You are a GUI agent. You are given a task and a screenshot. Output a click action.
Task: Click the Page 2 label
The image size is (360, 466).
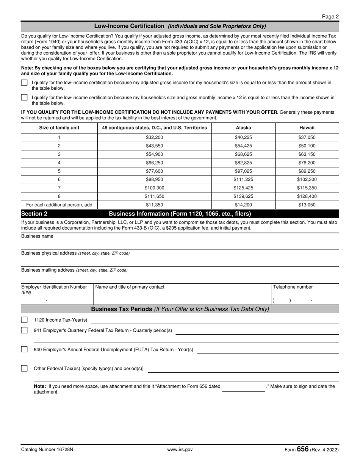click(x=330, y=16)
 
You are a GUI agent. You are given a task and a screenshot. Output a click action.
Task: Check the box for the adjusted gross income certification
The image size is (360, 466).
click(x=24, y=83)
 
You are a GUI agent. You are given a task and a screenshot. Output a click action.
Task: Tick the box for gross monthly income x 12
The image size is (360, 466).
click(x=24, y=98)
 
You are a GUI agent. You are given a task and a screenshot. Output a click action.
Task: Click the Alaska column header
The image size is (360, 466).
click(x=243, y=128)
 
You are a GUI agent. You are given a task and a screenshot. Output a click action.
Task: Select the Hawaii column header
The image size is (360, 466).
click(x=307, y=128)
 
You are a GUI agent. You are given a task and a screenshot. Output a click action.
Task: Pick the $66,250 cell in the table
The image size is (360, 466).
click(x=154, y=163)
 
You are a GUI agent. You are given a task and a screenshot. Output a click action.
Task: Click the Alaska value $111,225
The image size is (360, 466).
click(x=243, y=180)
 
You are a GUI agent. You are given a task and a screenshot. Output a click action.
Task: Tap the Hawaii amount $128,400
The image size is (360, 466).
click(x=307, y=196)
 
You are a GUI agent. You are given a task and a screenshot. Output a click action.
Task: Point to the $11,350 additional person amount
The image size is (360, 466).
click(x=154, y=205)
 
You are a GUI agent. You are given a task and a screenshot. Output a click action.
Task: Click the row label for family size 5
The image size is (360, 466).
click(x=59, y=171)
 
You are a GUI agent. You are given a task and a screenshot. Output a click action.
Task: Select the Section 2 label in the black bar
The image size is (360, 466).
click(x=34, y=214)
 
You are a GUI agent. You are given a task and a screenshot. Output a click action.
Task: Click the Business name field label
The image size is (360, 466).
click(x=37, y=236)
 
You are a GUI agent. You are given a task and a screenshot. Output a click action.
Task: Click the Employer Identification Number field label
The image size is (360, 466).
click(x=54, y=287)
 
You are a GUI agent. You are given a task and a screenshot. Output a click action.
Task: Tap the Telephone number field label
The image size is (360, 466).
click(x=293, y=287)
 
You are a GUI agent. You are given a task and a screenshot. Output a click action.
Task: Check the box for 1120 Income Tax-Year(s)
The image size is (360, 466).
click(x=24, y=320)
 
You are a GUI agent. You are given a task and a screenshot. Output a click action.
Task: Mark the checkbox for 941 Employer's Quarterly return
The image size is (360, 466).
click(x=24, y=330)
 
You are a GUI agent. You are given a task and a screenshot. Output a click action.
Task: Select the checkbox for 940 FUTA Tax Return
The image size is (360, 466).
click(x=24, y=349)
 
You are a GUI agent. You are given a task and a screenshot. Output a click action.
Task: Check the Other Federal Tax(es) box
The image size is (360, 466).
click(x=24, y=368)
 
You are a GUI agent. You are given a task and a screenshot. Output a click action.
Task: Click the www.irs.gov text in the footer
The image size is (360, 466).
click(x=180, y=450)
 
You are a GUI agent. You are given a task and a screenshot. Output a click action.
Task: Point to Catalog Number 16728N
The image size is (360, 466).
click(x=47, y=450)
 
